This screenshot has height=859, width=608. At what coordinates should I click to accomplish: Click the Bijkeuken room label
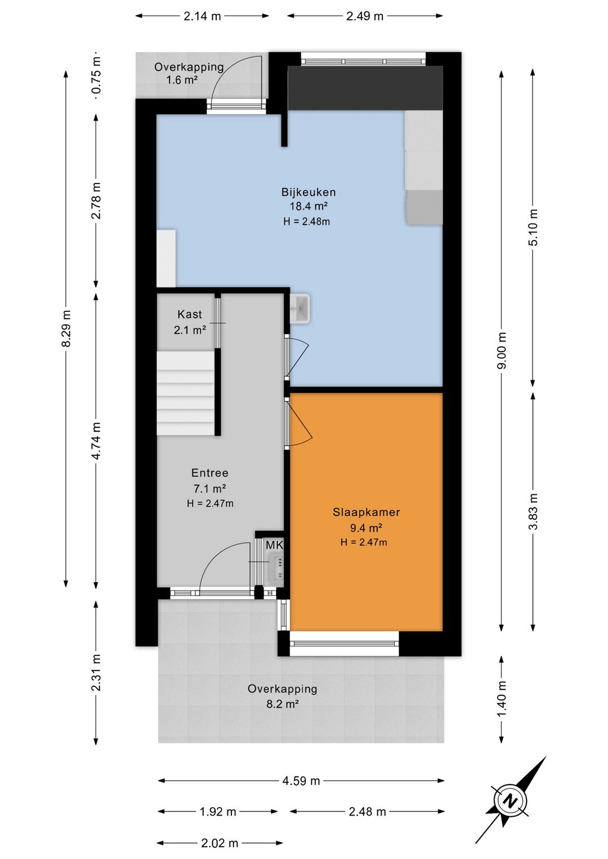point(309,192)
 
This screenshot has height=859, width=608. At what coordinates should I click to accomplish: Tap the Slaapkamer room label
point(366,512)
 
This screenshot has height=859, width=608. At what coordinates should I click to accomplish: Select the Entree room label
point(209,473)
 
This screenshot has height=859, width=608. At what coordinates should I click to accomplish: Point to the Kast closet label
point(190,315)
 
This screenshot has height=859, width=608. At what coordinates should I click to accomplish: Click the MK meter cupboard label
point(274,545)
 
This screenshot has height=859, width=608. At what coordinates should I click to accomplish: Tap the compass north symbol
point(510,801)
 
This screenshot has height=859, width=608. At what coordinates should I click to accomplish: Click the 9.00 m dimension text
point(502,350)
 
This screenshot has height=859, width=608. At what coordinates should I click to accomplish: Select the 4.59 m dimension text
point(301,781)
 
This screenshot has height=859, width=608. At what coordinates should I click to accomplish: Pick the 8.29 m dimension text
point(66,328)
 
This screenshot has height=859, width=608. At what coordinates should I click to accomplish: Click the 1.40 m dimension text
point(502,699)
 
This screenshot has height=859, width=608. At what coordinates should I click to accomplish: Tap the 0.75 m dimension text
point(96,75)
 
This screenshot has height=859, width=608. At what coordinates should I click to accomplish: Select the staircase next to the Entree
point(185,393)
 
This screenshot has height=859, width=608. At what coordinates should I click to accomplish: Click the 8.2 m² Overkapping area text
point(282,704)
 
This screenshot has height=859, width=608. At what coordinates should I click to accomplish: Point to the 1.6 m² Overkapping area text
point(182,80)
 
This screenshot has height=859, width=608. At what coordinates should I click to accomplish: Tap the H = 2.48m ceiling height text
point(306,221)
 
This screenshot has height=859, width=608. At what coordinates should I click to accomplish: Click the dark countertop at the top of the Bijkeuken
point(365,88)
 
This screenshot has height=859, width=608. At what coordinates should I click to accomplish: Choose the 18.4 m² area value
point(309,207)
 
